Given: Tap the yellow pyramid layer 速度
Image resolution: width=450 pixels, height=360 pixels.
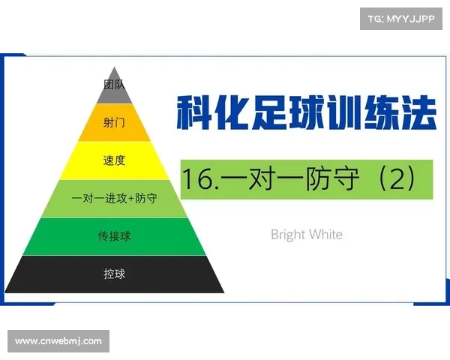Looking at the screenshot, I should (x=114, y=160).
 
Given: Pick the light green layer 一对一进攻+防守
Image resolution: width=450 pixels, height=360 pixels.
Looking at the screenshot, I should (x=114, y=199).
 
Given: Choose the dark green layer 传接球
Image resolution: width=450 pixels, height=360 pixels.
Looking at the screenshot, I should (x=114, y=236).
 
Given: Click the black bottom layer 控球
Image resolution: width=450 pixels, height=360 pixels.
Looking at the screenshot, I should (x=114, y=274).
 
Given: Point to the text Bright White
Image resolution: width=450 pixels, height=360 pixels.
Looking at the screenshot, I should (x=306, y=234).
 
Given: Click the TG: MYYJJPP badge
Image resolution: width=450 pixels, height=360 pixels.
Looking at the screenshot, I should (x=401, y=17).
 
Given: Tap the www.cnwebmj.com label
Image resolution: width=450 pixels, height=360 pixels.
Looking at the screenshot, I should (x=58, y=341).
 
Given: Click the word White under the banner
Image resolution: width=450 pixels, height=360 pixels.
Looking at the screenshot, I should (x=325, y=234).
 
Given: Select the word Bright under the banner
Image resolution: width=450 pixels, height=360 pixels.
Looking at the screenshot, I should (x=288, y=234).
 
